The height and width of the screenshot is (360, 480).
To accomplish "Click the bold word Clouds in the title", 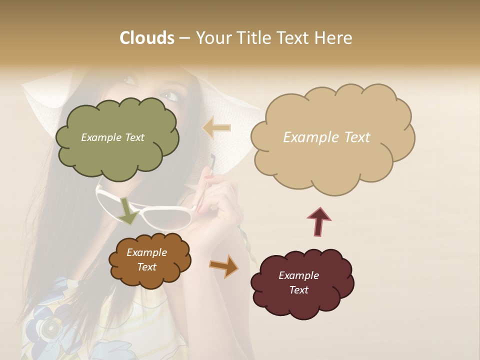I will pyautogui.click(x=147, y=38).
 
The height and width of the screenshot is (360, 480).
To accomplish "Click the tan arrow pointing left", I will pyautogui.click(x=216, y=128).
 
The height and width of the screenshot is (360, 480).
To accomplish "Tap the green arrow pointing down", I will pyautogui.click(x=128, y=211).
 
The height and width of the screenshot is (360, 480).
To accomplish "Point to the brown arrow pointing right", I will pyautogui.click(x=224, y=265).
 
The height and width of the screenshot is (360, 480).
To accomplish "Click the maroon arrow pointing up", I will pyautogui.click(x=319, y=221).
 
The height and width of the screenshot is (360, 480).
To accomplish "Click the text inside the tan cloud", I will pyautogui.click(x=326, y=137).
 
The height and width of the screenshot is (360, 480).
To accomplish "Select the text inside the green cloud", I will pyautogui.click(x=112, y=137).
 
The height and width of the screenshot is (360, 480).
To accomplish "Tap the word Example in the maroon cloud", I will pyautogui.click(x=298, y=275).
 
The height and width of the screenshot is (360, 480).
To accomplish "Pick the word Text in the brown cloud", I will pyautogui.click(x=146, y=267).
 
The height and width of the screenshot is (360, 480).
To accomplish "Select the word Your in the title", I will pyautogui.click(x=211, y=38).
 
